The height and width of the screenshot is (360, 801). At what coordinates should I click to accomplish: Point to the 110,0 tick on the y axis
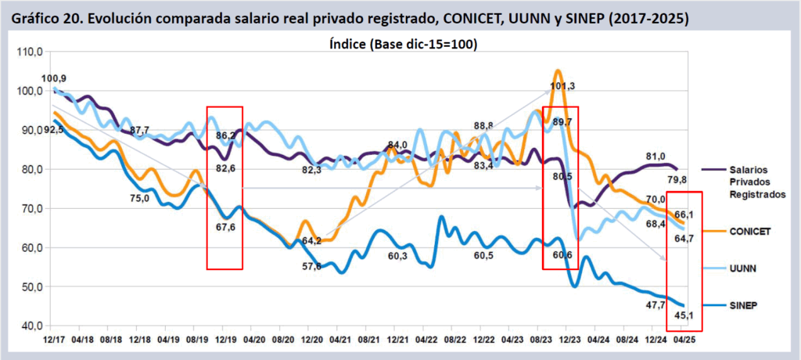point(30,52)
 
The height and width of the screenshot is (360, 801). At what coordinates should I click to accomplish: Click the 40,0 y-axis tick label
point(30,326)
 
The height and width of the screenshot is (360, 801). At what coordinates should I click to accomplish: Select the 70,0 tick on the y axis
point(30,208)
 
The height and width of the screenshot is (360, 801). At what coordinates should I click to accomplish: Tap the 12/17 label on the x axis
point(53,341)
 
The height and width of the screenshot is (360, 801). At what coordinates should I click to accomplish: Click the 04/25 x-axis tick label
point(686,341)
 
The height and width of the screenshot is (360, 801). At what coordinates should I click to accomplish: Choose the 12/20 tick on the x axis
point(313,341)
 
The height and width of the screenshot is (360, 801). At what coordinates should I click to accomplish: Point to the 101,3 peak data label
point(562,86)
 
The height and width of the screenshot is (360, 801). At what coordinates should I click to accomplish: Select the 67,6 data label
point(225,227)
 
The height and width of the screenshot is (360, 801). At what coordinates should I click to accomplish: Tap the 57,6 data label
point(312,267)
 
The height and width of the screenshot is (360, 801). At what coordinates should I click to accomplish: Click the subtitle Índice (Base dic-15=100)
point(404,45)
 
